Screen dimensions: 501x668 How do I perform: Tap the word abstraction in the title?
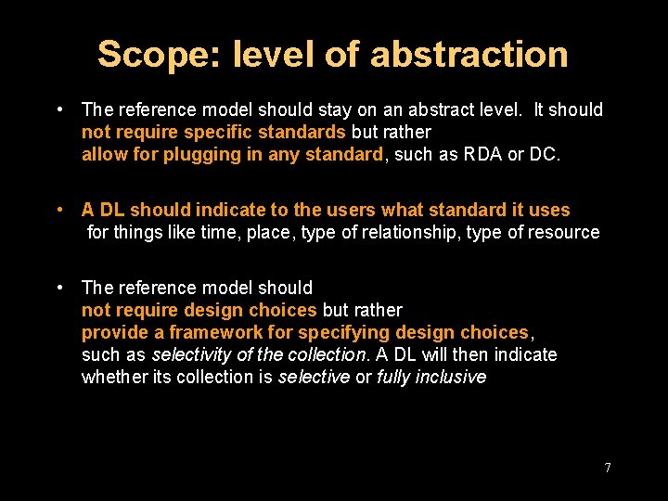tap(469, 55)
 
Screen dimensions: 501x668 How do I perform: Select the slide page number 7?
tap(608, 468)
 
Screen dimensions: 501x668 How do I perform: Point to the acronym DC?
tap(543, 154)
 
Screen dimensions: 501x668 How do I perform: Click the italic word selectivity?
tap(192, 354)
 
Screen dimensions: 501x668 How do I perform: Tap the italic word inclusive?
tap(450, 377)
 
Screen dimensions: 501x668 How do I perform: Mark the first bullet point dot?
tap(59, 109)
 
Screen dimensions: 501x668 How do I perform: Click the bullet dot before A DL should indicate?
tap(59, 210)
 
